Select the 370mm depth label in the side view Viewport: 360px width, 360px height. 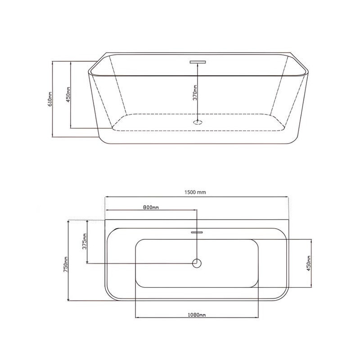click(195, 93)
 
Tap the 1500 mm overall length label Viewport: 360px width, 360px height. click(195, 193)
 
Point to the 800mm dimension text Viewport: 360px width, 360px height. click(151, 207)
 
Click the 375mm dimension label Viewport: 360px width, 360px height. click(85, 241)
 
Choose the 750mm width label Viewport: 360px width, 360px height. click(65, 265)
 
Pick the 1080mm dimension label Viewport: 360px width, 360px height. click(197, 315)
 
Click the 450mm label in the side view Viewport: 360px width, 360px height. click(68, 94)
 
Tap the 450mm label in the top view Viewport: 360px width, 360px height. click(309, 263)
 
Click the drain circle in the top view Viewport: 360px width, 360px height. click(197, 263)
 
